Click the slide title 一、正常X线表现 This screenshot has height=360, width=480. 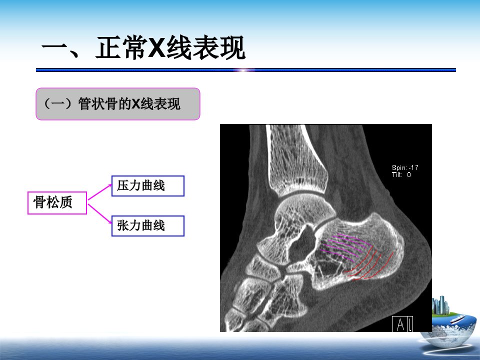[x=143, y=47]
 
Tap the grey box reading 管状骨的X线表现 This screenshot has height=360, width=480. [x=118, y=104]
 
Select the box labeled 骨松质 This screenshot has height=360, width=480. [x=57, y=202]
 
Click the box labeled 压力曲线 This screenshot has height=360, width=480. [x=148, y=186]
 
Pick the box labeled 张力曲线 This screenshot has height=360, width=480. [x=148, y=226]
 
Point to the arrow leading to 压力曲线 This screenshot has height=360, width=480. [x=100, y=192]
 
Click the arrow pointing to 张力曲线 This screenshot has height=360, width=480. [x=100, y=214]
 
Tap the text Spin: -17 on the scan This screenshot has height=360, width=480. [x=404, y=167]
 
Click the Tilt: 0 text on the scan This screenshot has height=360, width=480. [x=401, y=174]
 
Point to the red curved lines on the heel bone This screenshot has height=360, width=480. [x=369, y=265]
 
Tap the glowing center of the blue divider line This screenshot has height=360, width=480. [x=243, y=70]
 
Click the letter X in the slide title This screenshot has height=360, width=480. [x=156, y=47]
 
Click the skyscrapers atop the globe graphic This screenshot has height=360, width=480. [x=440, y=305]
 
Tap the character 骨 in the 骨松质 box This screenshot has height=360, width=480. [x=39, y=202]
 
